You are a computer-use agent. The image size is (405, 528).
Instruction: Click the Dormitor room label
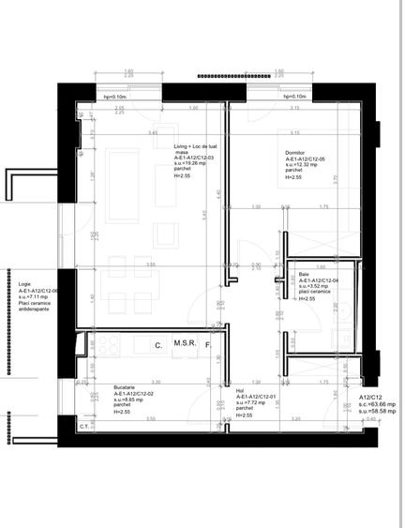pos(298,153)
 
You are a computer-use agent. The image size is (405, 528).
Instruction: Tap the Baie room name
pos(304,275)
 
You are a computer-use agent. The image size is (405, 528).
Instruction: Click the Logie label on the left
pos(24,284)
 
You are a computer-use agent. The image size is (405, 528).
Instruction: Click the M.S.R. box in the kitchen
pos(185,345)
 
